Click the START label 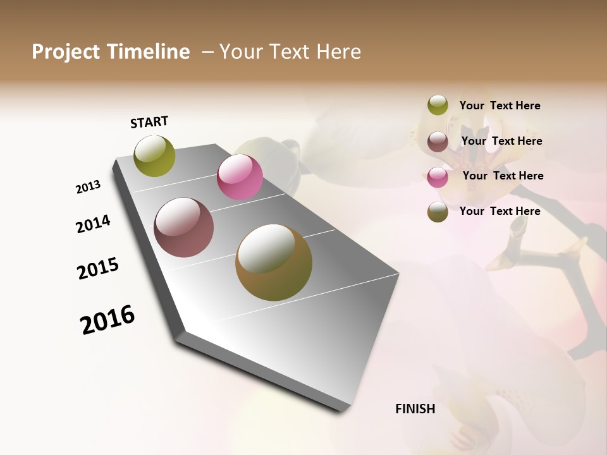(x=149, y=122)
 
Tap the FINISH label (x=415, y=409)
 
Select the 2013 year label (x=89, y=187)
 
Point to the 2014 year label (x=93, y=224)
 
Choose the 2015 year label (x=98, y=269)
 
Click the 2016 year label (x=107, y=319)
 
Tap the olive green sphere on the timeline (x=154, y=155)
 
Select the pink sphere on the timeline (x=240, y=177)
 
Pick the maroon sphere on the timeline (x=183, y=227)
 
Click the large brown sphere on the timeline (x=274, y=262)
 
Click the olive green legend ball (x=438, y=105)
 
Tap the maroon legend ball (x=438, y=142)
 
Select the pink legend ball (x=438, y=177)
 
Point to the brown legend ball (x=438, y=212)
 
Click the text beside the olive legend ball (x=500, y=106)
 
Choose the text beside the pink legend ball (x=503, y=176)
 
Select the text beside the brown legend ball (x=500, y=211)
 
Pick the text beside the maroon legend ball (x=501, y=141)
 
